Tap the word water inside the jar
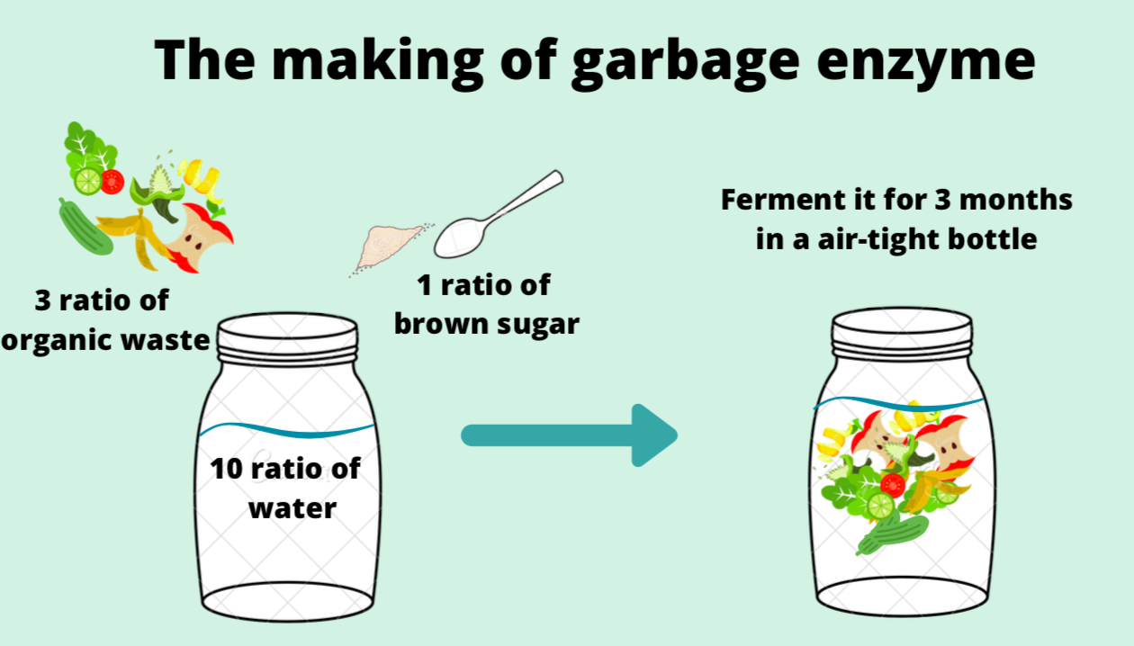[292, 507]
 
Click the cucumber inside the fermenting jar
[886, 536]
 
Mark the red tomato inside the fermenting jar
[893, 485]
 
